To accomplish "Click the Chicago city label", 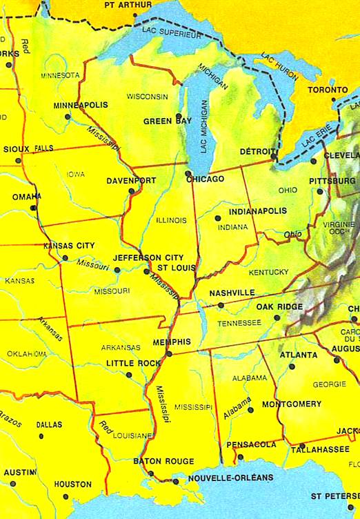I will tap(206, 179).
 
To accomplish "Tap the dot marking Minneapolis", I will tap(68, 117).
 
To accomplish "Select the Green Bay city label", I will tap(168, 121).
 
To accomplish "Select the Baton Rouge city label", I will tap(163, 461).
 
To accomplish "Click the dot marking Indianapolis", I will tap(218, 207).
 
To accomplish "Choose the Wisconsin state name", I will tap(148, 96).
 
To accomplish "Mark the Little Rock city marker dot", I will tap(129, 375).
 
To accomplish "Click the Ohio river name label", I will tap(293, 235).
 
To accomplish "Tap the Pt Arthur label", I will tap(127, 5).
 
